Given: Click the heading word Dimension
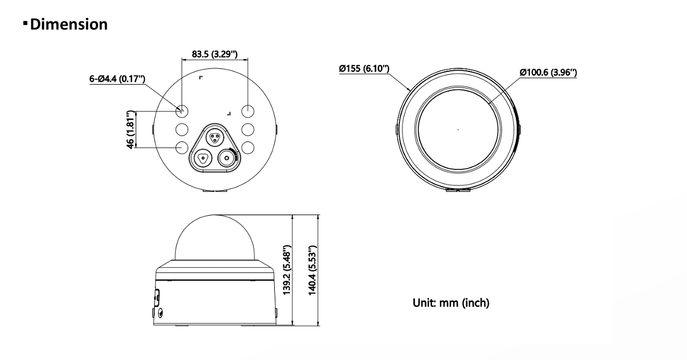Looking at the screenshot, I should click(68, 24).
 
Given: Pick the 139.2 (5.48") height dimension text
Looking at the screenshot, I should click(287, 270).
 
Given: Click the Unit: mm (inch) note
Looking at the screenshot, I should click(450, 303).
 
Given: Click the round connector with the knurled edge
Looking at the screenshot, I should click(227, 157).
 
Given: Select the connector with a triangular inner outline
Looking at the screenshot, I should click(203, 157).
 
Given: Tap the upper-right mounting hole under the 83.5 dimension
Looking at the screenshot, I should click(248, 111).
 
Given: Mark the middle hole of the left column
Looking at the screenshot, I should click(182, 129).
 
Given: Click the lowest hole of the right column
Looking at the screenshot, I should click(248, 147).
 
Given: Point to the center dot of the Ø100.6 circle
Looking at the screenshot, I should click(457, 130).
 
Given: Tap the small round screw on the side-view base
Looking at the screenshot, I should click(160, 313).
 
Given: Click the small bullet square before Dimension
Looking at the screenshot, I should click(25, 24).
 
